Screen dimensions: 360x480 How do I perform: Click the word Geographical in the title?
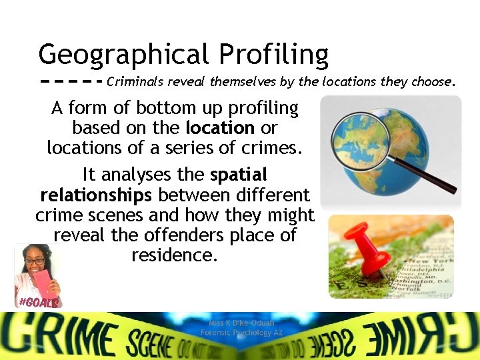123,55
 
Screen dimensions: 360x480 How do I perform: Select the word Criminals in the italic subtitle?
135,83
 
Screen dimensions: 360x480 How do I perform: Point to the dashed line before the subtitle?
70,83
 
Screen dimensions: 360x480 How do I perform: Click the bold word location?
220,127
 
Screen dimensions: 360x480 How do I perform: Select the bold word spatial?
239,175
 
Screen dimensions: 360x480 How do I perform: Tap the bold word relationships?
96,195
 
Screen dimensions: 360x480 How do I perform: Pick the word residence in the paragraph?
175,255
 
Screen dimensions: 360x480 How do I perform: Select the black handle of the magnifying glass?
429,177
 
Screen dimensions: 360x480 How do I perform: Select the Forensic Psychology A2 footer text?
237,332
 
